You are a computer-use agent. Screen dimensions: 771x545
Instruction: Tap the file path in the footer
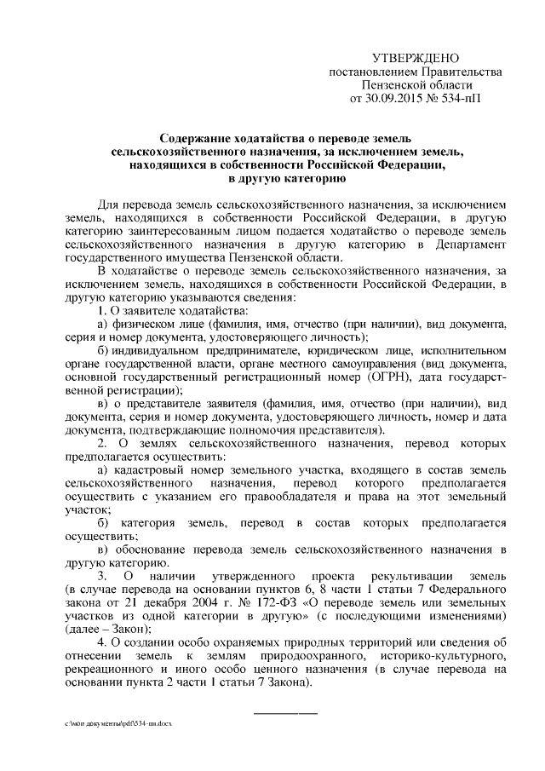click(x=118, y=721)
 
